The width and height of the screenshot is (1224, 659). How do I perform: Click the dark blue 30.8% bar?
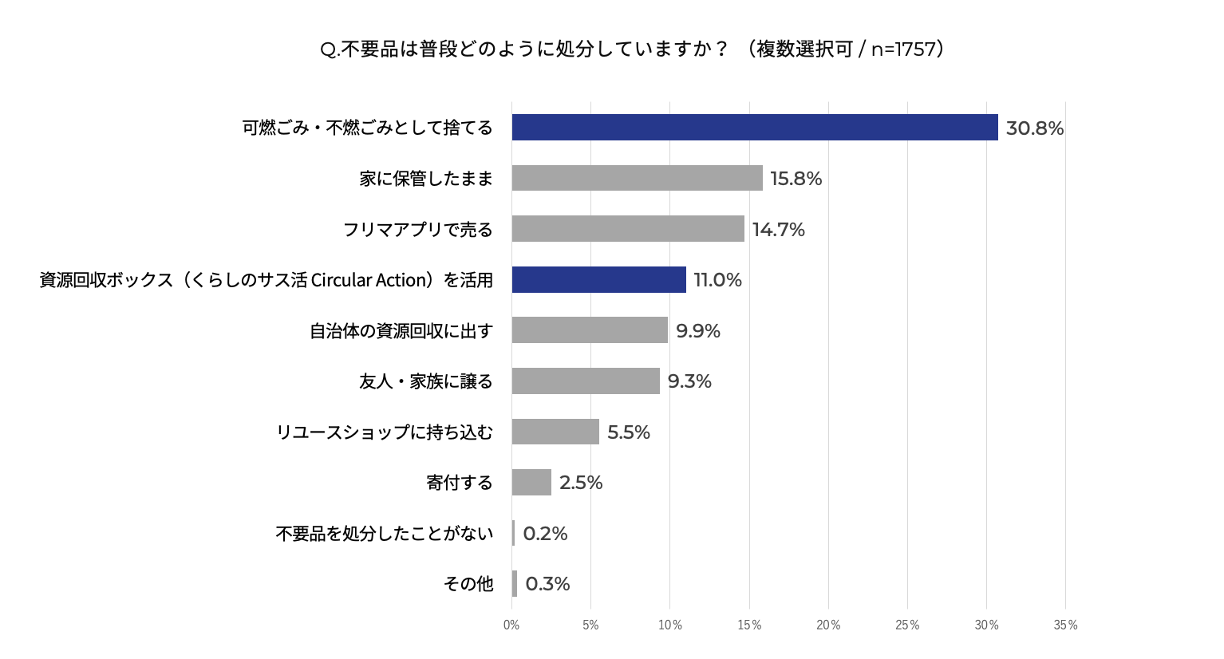click(x=754, y=128)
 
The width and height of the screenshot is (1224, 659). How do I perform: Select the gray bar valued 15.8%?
click(x=637, y=178)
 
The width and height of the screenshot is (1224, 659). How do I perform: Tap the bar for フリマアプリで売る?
click(x=628, y=229)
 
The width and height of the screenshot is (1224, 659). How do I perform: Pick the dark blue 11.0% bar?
click(x=598, y=279)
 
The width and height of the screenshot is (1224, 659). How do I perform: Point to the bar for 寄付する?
click(x=531, y=482)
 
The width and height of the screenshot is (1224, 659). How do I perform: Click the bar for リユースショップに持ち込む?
click(x=555, y=432)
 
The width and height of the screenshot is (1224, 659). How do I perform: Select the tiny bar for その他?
click(x=515, y=583)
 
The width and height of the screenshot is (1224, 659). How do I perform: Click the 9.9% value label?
click(x=698, y=330)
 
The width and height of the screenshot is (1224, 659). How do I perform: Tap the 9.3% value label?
click(x=689, y=381)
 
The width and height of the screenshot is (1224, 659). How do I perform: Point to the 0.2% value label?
click(x=545, y=533)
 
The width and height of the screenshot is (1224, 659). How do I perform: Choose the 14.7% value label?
click(x=778, y=230)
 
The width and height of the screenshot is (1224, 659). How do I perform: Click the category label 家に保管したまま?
click(x=426, y=179)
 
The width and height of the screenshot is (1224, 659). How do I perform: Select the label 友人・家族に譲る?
click(x=426, y=381)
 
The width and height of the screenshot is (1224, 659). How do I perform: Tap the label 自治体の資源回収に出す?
click(x=401, y=330)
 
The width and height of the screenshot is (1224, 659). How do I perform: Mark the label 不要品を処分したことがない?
click(x=385, y=533)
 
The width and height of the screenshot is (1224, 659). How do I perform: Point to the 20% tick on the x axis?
click(x=828, y=625)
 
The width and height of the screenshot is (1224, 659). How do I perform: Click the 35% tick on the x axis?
click(x=1065, y=625)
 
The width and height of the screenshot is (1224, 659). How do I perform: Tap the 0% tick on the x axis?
click(x=511, y=625)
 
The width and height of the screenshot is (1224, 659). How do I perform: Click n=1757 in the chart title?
click(x=903, y=49)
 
